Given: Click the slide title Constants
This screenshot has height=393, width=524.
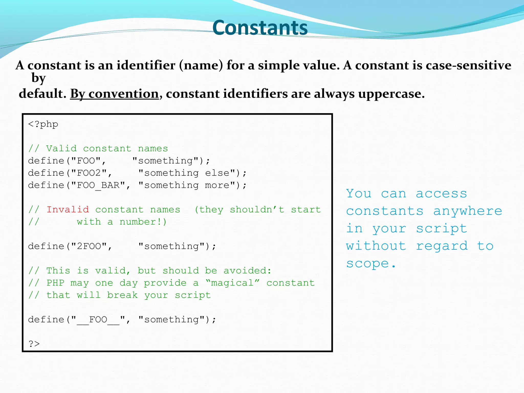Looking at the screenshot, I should (260, 28).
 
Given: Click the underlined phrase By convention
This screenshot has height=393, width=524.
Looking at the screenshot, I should (114, 94).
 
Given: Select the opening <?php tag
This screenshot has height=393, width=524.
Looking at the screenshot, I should (43, 124).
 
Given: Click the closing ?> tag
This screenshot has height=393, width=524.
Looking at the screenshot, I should (34, 344).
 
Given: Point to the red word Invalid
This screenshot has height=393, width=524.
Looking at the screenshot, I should (68, 210).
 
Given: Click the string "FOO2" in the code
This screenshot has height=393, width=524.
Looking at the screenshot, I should (89, 173).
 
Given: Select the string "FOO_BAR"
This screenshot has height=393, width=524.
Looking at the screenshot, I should (98, 185).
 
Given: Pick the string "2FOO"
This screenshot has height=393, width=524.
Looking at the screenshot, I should (89, 246).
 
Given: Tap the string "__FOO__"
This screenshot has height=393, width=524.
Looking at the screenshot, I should (98, 320).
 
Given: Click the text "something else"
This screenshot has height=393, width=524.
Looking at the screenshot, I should (187, 173).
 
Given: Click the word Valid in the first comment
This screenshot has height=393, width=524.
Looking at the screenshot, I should (61, 149).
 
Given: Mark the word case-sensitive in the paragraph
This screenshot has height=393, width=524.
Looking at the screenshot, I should (468, 65).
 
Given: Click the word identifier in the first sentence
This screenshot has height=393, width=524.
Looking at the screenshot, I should (146, 65).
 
